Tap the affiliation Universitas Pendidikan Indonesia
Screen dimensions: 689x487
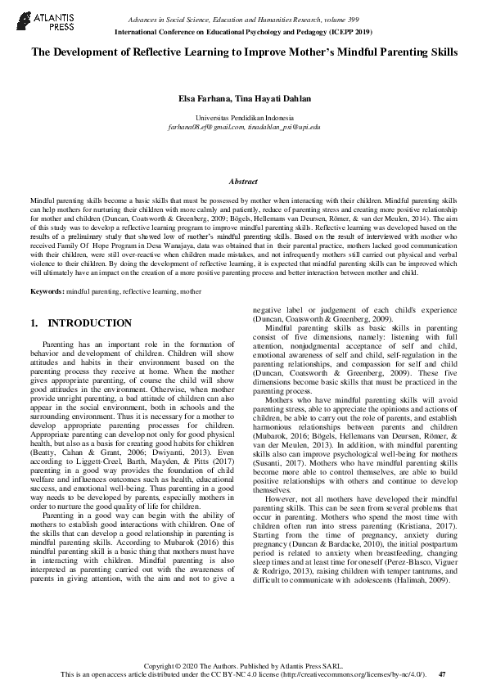pos(243,119)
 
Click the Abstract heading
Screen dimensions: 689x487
pos(243,182)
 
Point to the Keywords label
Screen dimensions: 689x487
pos(47,291)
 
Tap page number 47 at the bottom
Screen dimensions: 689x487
pos(442,674)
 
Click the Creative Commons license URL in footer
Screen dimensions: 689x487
pos(361,674)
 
